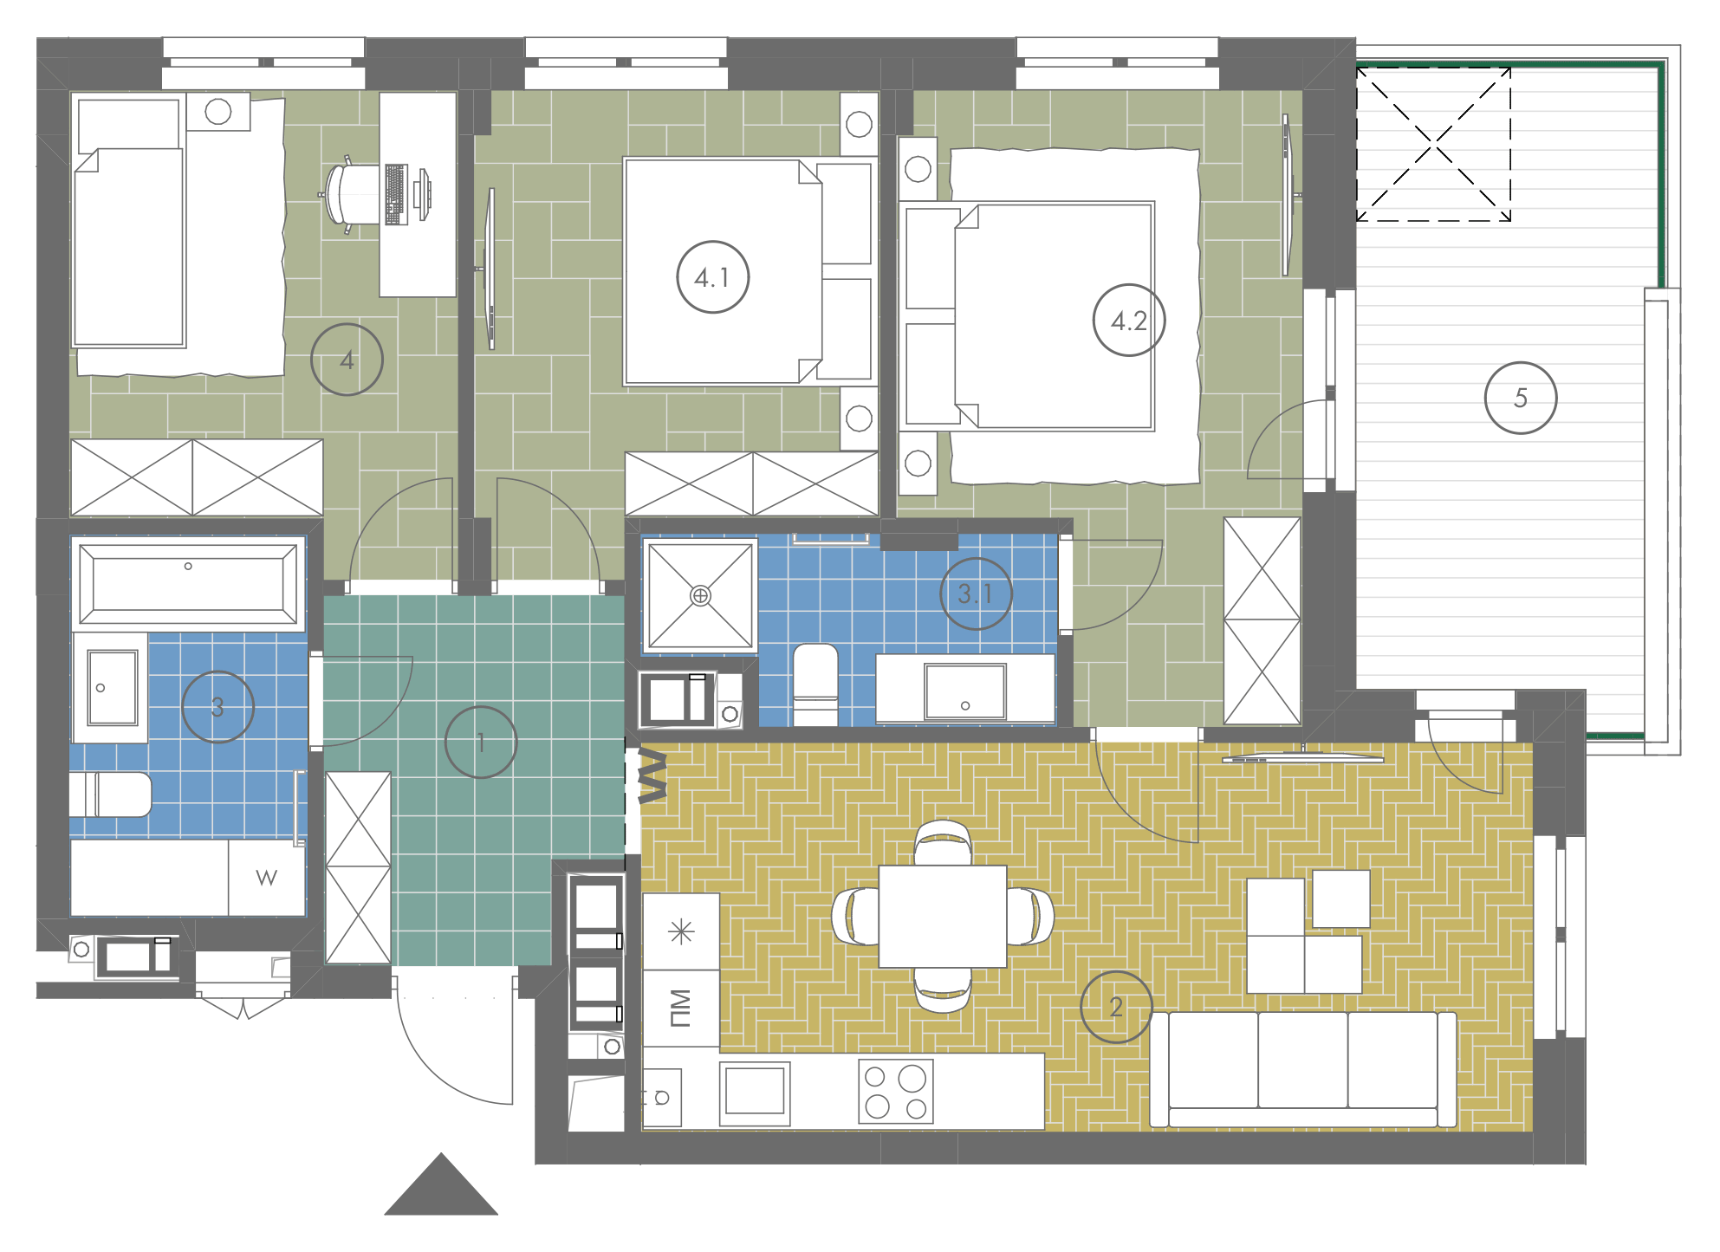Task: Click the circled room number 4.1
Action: (x=712, y=277)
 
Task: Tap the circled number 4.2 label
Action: (x=1129, y=321)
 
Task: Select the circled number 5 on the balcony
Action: (x=1521, y=398)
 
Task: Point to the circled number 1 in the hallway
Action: (x=481, y=742)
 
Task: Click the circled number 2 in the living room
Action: (x=1116, y=1007)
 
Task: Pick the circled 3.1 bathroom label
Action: (x=976, y=594)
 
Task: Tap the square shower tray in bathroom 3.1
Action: (x=700, y=595)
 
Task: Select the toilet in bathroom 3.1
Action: (x=815, y=684)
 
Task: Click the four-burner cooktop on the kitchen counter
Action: (x=896, y=1092)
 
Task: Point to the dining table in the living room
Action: (x=943, y=916)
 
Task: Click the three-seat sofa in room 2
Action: (x=1303, y=1070)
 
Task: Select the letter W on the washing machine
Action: (x=267, y=878)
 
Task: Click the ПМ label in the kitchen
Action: (x=681, y=1008)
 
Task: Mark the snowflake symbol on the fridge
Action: (x=682, y=931)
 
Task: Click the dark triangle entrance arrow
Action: (x=441, y=1184)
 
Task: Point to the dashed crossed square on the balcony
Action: (x=1434, y=145)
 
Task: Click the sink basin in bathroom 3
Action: (x=112, y=687)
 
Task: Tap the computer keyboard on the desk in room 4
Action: (x=396, y=195)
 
